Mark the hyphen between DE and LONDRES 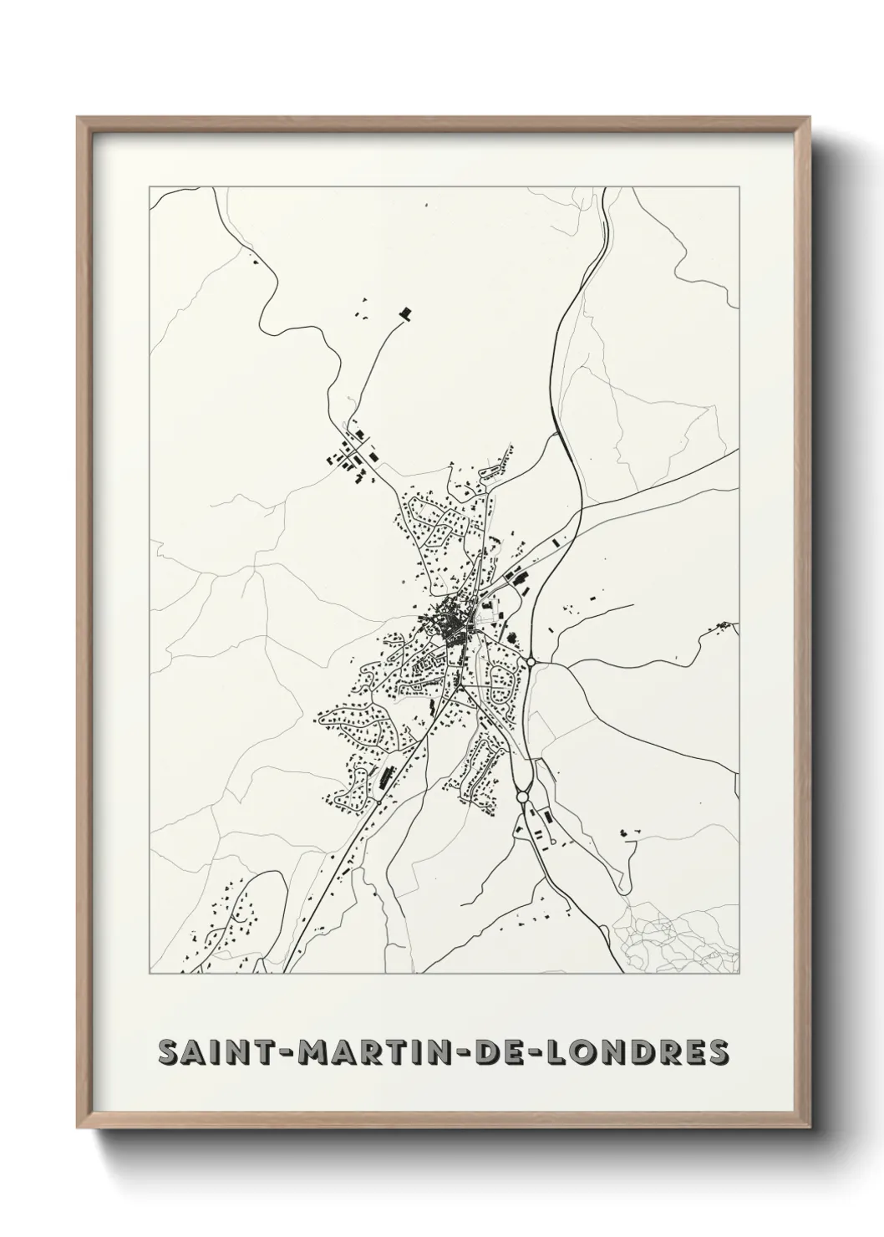(538, 1053)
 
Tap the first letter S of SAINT (170, 1052)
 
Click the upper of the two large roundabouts (531, 663)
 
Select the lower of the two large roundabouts (523, 797)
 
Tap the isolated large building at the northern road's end (406, 313)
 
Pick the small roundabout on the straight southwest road (378, 800)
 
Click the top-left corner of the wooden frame (79, 118)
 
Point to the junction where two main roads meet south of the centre (460, 685)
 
